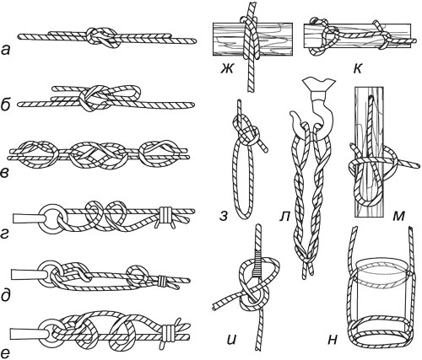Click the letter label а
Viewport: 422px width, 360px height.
point(6,51)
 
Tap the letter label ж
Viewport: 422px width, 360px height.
point(227,69)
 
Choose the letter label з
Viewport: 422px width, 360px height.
point(224,217)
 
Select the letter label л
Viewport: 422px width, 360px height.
point(284,217)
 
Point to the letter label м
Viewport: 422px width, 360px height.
point(398,216)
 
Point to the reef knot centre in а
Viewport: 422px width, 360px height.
point(102,37)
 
